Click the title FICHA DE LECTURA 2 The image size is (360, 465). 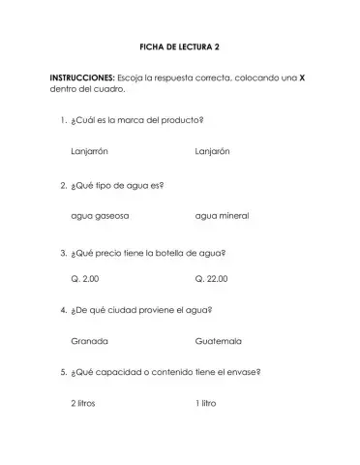click(x=180, y=46)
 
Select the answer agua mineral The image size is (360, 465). click(x=222, y=215)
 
